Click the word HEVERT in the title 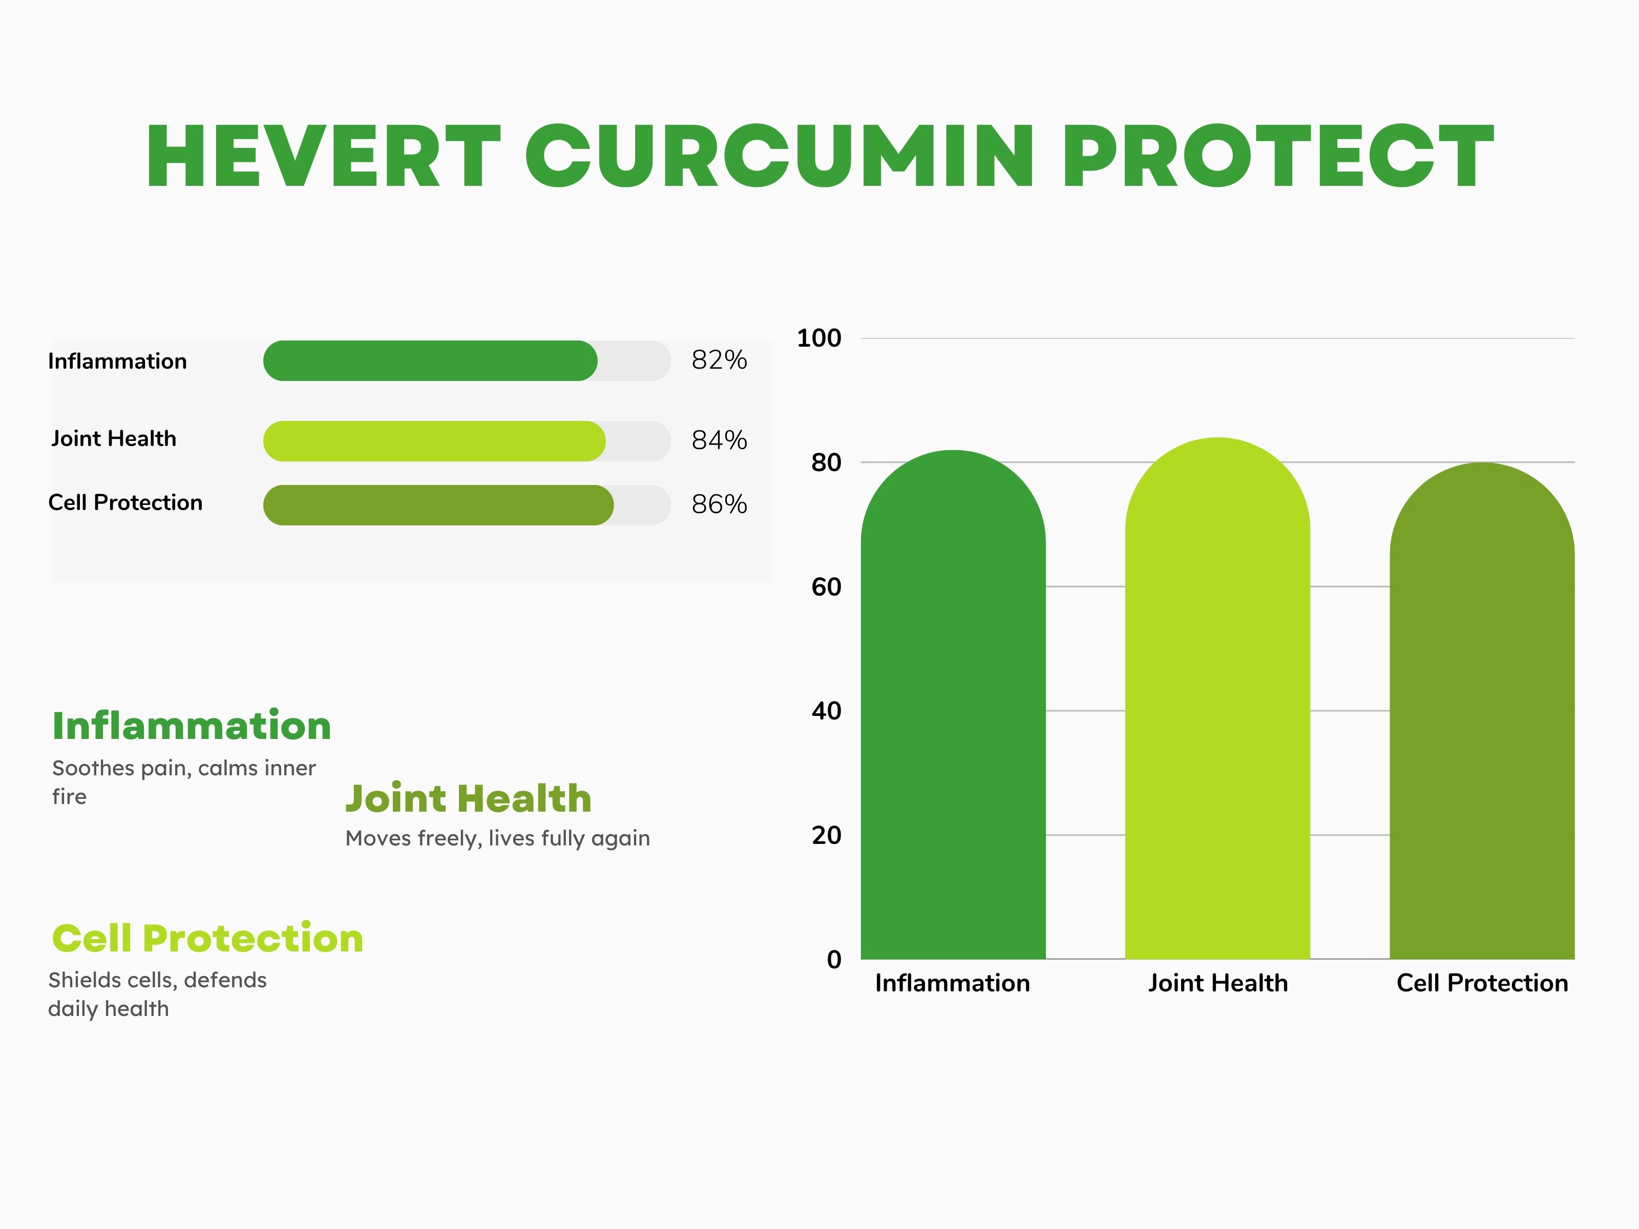324,156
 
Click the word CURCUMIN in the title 780,156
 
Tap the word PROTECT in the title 1278,156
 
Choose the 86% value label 719,504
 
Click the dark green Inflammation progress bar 430,361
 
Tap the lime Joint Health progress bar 434,441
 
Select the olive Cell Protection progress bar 438,505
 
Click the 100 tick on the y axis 819,338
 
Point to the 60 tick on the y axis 826,587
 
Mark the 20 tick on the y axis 826,836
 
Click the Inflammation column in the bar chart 953,705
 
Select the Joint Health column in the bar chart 1217,698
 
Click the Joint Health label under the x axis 1218,983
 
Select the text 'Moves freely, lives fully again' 498,839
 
